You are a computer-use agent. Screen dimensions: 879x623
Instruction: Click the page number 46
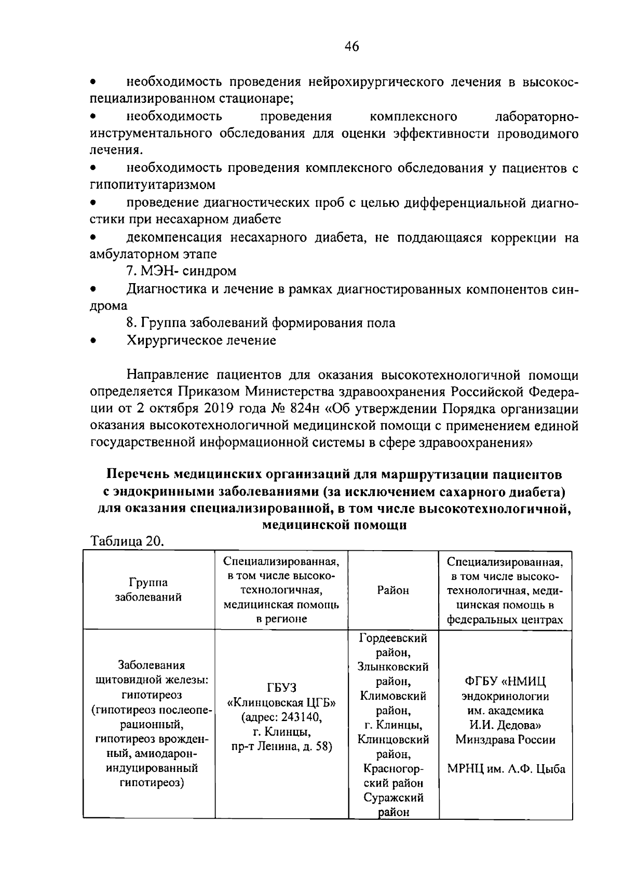point(351,47)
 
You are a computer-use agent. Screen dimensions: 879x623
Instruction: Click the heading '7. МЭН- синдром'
point(181,271)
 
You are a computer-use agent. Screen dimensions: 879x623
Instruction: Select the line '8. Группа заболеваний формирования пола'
point(261,323)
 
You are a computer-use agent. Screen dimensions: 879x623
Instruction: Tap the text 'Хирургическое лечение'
point(201,341)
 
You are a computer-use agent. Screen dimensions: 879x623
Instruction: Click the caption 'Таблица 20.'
point(128,541)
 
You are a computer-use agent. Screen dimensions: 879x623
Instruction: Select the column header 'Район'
point(392,590)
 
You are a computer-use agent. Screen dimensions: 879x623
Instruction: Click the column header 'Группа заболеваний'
point(148,590)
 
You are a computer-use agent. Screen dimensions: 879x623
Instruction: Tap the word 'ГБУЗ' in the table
point(281,688)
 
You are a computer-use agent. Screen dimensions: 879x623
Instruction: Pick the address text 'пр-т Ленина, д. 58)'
point(281,747)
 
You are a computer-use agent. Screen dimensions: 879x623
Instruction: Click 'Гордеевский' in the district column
point(392,637)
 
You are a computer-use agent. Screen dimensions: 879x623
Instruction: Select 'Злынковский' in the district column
point(392,667)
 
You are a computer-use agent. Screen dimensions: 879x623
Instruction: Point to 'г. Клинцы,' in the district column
point(392,725)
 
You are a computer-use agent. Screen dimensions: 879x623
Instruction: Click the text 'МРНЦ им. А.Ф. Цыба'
point(506,769)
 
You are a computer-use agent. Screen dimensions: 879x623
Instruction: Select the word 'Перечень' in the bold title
point(137,475)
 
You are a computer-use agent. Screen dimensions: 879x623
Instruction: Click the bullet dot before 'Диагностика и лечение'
point(94,289)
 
